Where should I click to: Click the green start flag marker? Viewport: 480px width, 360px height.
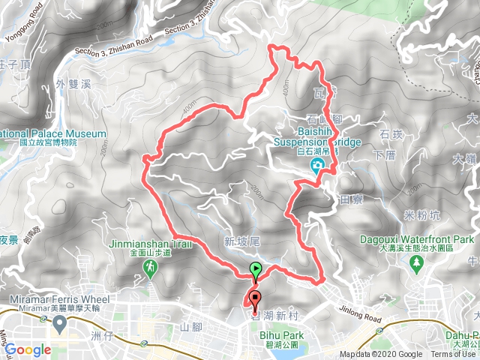click(x=256, y=269)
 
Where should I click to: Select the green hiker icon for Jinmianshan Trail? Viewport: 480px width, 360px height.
click(x=151, y=266)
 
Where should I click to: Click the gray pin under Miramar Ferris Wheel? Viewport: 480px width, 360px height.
click(x=57, y=323)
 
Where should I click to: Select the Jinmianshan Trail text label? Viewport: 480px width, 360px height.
click(x=156, y=244)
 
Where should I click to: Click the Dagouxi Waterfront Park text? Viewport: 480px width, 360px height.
click(x=430, y=239)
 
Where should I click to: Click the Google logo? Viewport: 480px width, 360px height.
click(x=27, y=349)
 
